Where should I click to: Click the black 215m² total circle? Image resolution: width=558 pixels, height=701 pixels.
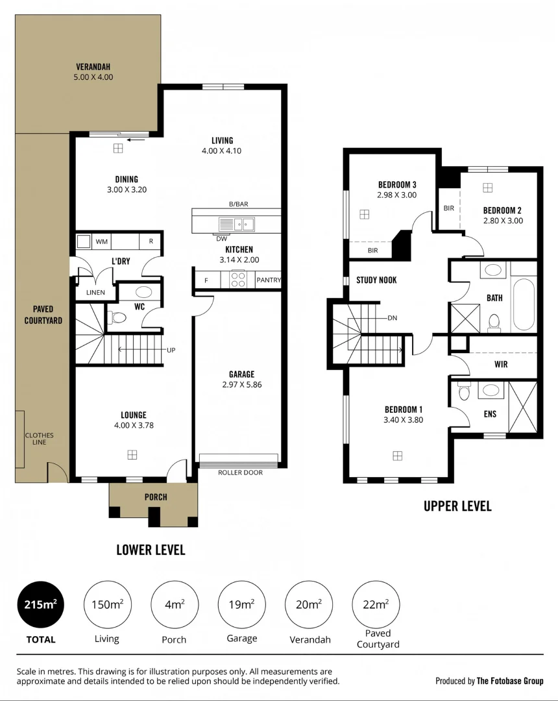click(x=40, y=604)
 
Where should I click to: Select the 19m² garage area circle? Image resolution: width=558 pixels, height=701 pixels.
click(x=241, y=604)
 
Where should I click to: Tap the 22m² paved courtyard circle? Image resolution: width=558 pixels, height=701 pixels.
click(x=376, y=604)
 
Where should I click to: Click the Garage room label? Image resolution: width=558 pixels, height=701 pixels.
click(x=241, y=374)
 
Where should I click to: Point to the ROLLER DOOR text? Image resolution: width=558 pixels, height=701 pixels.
click(x=240, y=473)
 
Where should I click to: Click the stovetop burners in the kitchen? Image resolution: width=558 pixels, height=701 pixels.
click(x=238, y=279)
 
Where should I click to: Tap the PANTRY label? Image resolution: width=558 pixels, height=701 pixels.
click(x=268, y=280)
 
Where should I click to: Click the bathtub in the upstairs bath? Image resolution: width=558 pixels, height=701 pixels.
click(x=524, y=304)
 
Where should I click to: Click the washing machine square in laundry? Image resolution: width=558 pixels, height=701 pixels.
click(x=84, y=241)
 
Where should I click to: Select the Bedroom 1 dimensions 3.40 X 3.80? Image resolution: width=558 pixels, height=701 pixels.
click(x=403, y=419)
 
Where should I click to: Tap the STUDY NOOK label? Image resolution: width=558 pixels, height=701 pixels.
click(x=376, y=280)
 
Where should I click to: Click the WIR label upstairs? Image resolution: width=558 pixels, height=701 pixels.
click(x=501, y=364)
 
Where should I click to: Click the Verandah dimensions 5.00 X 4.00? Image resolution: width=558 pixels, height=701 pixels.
click(x=93, y=77)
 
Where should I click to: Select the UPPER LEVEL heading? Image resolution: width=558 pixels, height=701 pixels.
click(x=457, y=506)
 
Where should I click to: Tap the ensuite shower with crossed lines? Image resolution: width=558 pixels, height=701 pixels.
click(x=522, y=406)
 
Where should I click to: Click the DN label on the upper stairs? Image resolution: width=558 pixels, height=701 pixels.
click(x=392, y=318)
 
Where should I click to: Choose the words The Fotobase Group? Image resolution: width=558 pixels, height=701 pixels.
click(x=510, y=681)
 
